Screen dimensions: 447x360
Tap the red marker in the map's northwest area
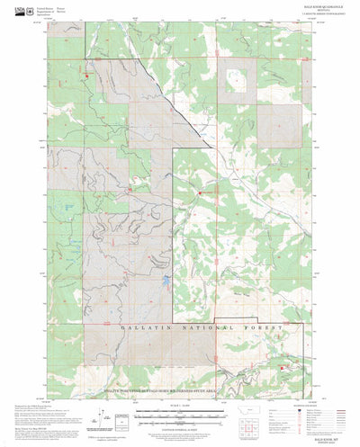(87, 76)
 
